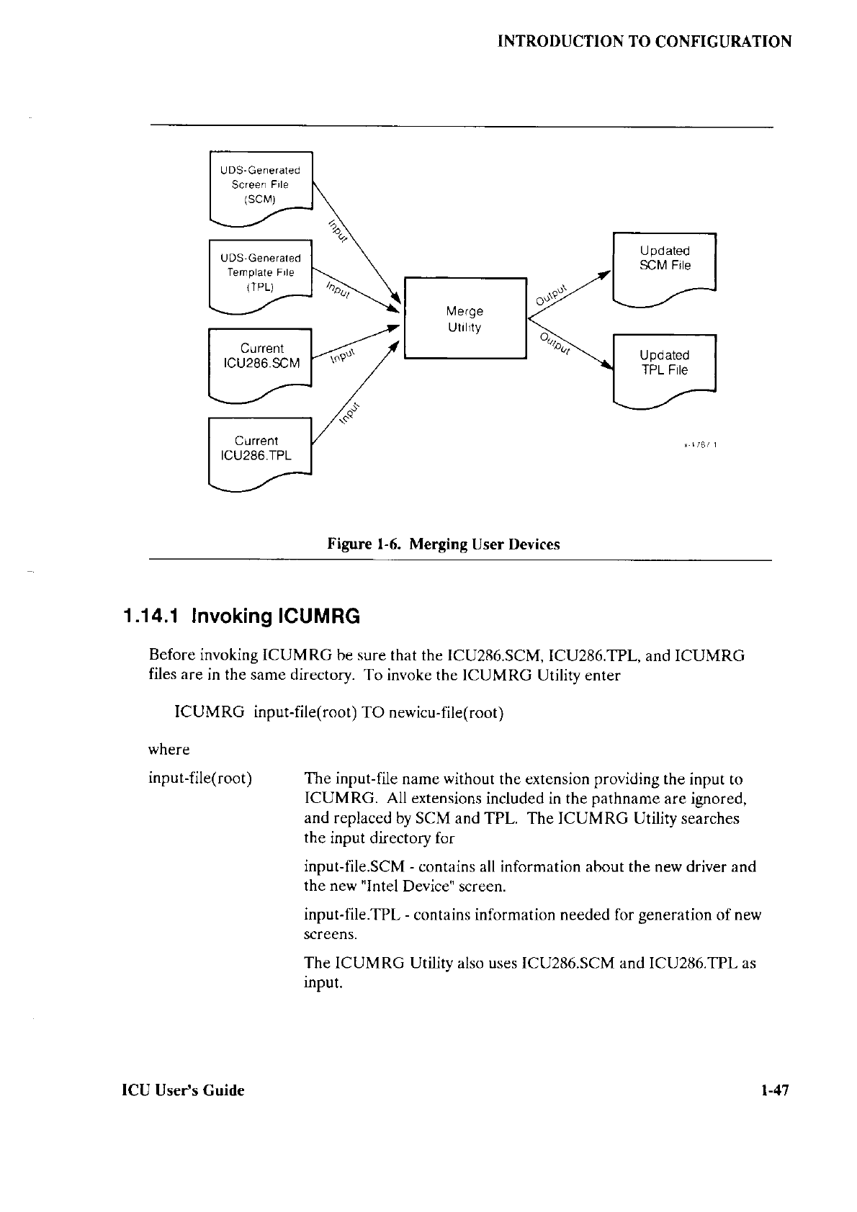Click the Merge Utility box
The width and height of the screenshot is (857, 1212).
click(465, 318)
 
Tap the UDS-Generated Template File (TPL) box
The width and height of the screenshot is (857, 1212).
click(260, 272)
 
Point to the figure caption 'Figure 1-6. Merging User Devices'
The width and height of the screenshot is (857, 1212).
click(444, 544)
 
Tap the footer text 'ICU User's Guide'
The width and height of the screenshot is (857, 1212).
click(183, 1090)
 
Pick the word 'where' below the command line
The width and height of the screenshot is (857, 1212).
click(169, 750)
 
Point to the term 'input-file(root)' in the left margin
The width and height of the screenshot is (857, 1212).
click(199, 778)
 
